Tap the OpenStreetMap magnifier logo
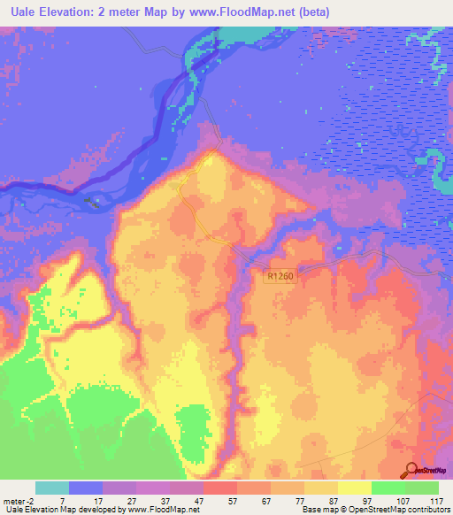[x=411, y=471]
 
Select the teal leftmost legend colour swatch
[x=52, y=488]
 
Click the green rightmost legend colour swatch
[x=422, y=488]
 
